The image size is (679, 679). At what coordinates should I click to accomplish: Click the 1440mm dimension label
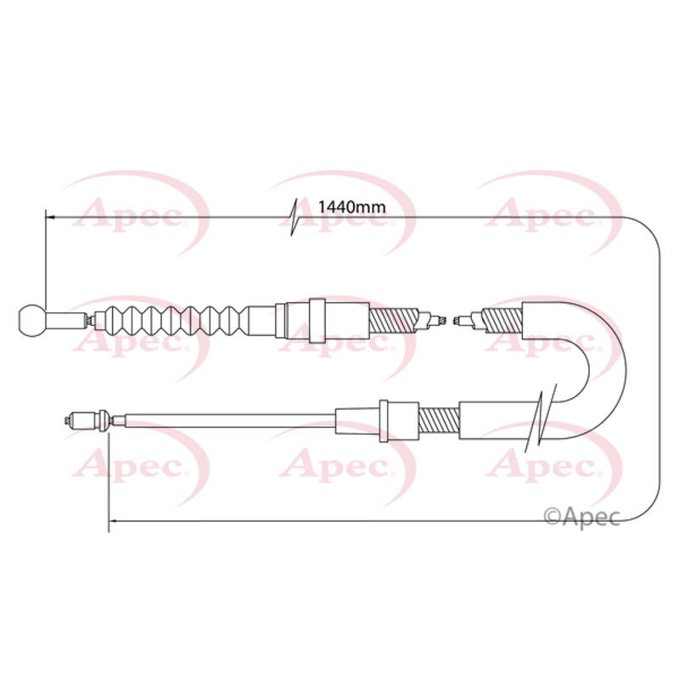pyautogui.click(x=351, y=207)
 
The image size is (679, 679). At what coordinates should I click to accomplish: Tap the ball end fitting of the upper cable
pyautogui.click(x=32, y=320)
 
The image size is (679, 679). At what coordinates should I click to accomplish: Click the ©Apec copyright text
pyautogui.click(x=581, y=517)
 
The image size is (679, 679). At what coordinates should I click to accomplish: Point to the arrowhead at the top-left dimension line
pyautogui.click(x=50, y=216)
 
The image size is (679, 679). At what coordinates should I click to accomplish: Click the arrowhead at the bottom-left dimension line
pyautogui.click(x=113, y=520)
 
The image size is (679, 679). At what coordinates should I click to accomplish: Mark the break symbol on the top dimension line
pyautogui.click(x=295, y=217)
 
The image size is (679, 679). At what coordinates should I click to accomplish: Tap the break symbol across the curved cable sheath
pyautogui.click(x=539, y=416)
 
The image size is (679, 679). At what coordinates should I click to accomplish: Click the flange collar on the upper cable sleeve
pyautogui.click(x=317, y=321)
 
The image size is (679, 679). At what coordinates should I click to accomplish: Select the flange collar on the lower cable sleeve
pyautogui.click(x=384, y=420)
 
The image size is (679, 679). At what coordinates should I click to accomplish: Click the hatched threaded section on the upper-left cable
pyautogui.click(x=394, y=321)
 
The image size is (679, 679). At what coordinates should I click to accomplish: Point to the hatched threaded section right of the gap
pyautogui.click(x=502, y=321)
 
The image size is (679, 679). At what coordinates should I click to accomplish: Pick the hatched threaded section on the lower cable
pyautogui.click(x=439, y=420)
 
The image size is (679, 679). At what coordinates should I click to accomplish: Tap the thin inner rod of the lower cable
pyautogui.click(x=230, y=420)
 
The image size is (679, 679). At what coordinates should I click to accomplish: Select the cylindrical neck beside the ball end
pyautogui.click(x=65, y=321)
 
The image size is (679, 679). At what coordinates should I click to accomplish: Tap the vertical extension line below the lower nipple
pyautogui.click(x=109, y=480)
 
